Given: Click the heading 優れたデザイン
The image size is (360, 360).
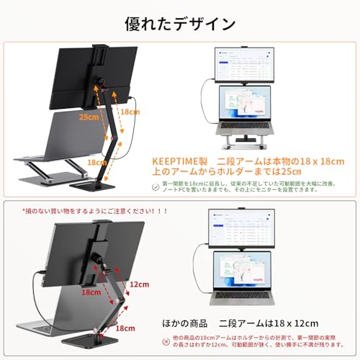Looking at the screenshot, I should [180, 23].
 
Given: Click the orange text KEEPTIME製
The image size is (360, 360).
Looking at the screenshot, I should [176, 162].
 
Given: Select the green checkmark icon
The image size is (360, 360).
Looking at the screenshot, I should [156, 187].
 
